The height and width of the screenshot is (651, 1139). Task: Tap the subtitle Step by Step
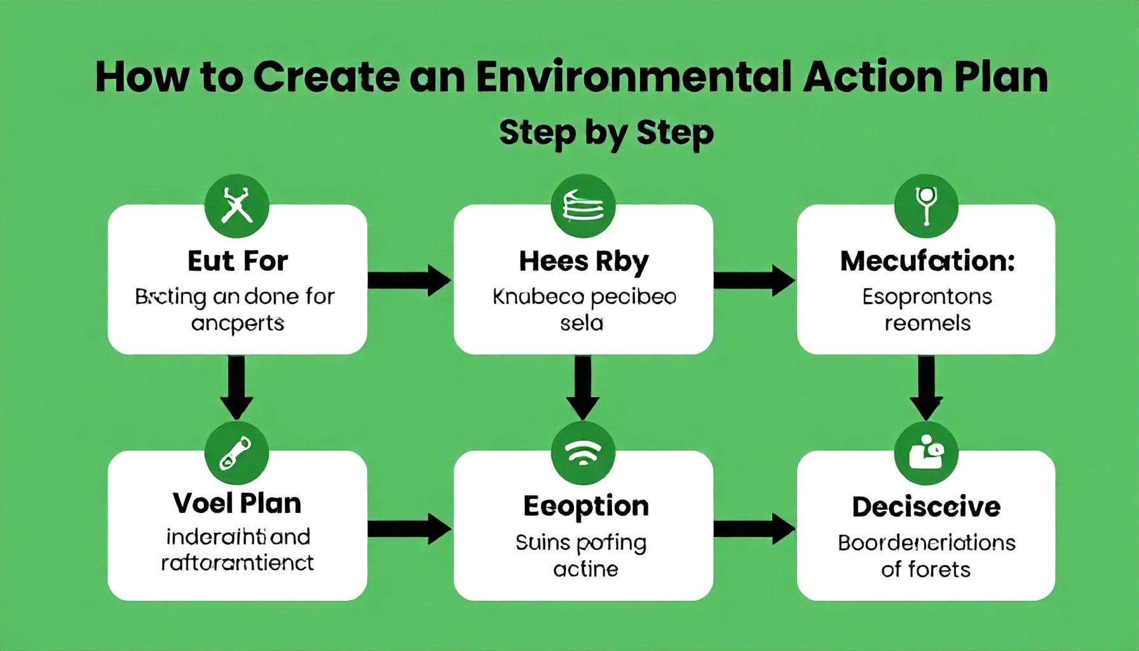coord(606,132)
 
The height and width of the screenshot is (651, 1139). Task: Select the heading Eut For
coord(237,261)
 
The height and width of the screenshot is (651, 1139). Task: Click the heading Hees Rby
coord(583,261)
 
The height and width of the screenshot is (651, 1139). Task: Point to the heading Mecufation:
coord(927,261)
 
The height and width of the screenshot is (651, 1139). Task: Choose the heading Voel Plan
coord(237,503)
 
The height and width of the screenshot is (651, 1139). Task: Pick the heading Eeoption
coord(585,506)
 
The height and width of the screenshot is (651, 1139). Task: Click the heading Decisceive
coord(926,507)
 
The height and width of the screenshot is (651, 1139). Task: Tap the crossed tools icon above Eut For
coord(237,206)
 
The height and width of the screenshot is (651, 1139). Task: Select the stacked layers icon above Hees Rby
coord(583,206)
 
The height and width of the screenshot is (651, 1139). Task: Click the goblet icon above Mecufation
coord(925,206)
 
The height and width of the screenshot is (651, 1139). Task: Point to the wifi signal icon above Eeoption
coord(583,453)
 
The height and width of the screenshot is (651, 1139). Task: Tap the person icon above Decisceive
coord(925,453)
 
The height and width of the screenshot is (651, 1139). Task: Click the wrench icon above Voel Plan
coord(236,453)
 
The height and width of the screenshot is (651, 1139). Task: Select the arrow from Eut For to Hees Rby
coord(409,280)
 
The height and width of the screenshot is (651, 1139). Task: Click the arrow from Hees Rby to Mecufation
coord(754,280)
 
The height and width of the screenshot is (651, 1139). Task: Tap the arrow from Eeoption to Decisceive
coord(754,528)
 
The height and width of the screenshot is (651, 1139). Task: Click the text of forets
coord(925,569)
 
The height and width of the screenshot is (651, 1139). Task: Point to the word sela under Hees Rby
coord(581,323)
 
